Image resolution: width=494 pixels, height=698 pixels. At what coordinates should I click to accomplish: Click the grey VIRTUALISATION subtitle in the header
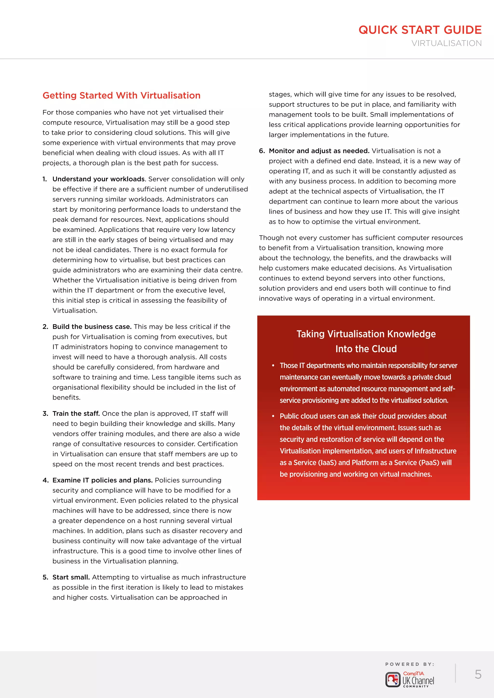click(446, 43)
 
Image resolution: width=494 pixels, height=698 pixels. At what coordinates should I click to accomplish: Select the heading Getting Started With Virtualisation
click(121, 95)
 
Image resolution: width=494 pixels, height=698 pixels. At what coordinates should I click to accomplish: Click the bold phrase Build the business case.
click(92, 327)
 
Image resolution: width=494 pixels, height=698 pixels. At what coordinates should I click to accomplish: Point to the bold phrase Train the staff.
click(76, 413)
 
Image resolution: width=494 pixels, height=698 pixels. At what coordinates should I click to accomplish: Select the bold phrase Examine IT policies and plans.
click(103, 480)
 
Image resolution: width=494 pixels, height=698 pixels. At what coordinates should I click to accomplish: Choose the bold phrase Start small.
click(71, 577)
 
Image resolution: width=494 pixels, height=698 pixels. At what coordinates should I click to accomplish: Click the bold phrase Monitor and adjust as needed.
click(319, 151)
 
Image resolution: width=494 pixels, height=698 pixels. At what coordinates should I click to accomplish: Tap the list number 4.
click(45, 480)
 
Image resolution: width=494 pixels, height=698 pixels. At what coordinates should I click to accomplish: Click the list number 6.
click(262, 151)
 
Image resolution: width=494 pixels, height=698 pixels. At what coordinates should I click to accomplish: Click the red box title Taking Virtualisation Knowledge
click(366, 334)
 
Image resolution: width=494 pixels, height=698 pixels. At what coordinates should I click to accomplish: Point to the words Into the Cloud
click(366, 349)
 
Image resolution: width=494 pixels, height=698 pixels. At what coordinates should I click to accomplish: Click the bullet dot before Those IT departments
click(273, 365)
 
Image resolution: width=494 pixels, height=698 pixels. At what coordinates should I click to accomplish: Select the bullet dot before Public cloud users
click(273, 416)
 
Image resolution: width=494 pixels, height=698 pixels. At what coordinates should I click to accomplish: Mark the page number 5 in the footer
click(478, 674)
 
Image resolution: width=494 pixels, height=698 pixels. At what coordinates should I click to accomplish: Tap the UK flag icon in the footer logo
click(393, 679)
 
